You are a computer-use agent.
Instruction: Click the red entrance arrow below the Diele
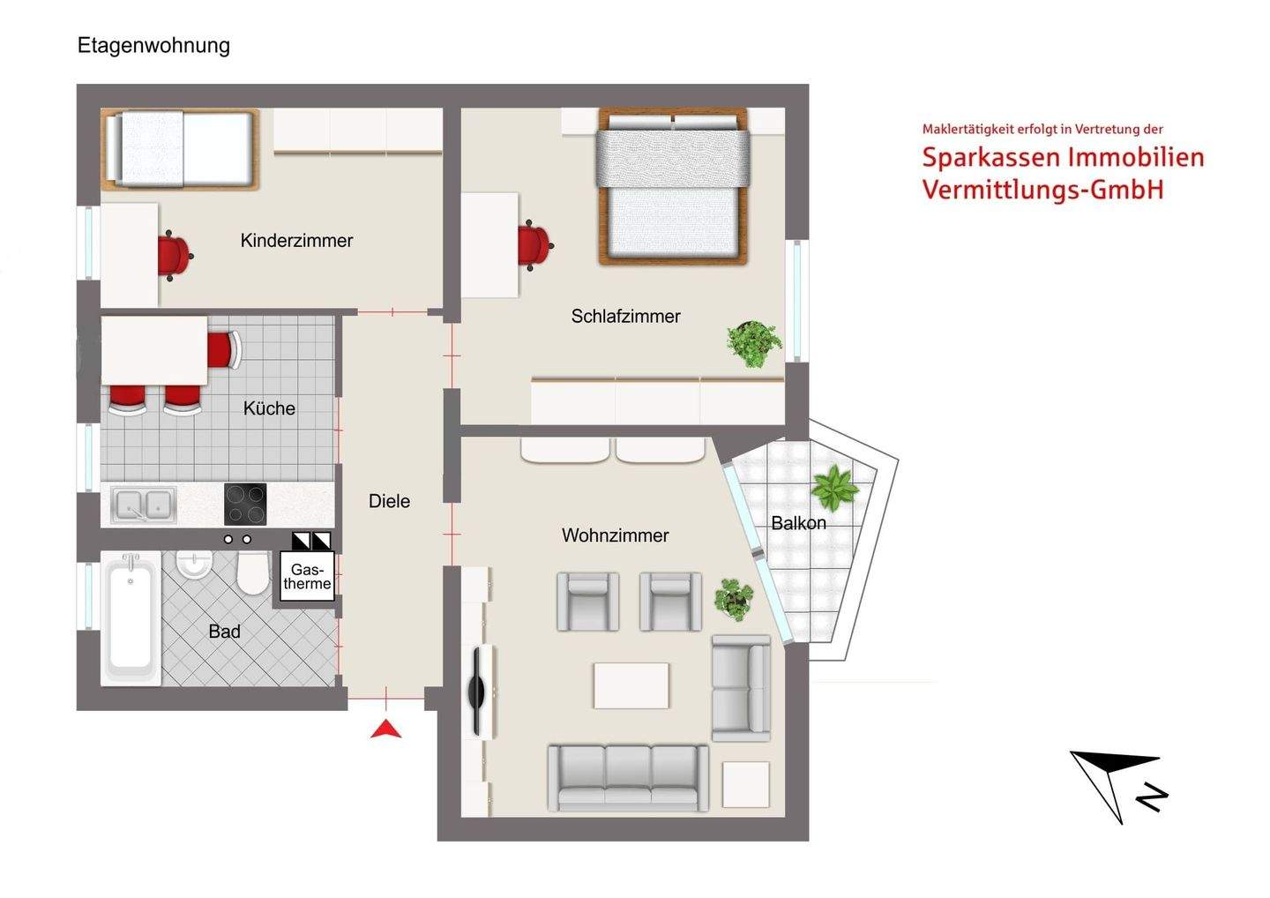point(385,729)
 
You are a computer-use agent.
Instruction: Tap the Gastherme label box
point(307,577)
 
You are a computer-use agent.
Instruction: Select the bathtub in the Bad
point(131,617)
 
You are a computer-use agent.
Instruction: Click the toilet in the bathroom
point(252,574)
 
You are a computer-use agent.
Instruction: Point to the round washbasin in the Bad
point(193,565)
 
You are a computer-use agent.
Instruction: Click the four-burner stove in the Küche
point(245,505)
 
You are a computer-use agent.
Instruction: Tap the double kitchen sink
point(144,505)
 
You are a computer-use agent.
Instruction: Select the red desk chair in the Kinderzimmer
point(174,256)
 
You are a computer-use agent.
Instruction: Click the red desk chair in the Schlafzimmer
point(534,244)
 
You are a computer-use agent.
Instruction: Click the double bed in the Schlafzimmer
point(673,186)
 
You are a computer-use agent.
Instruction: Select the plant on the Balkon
point(833,488)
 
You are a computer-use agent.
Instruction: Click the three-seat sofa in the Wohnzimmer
point(628,777)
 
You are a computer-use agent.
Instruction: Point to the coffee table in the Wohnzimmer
point(631,685)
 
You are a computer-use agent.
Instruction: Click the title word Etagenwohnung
point(153,46)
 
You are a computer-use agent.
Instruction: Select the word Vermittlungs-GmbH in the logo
point(1042,190)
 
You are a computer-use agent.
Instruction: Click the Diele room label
point(389,501)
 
